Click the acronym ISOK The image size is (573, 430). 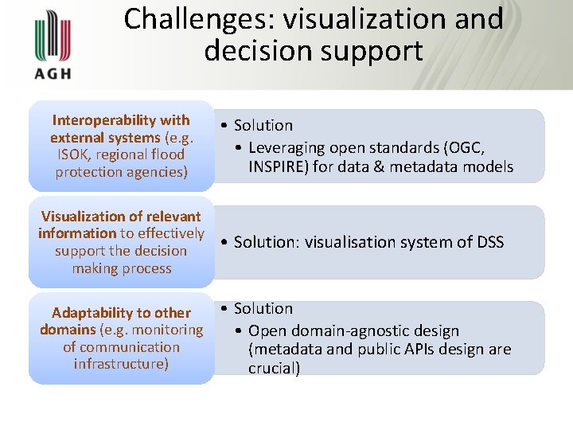74,154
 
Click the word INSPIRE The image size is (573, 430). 275,166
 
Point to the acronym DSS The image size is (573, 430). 488,242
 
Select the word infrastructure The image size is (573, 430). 121,365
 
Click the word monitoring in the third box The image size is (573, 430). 168,330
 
